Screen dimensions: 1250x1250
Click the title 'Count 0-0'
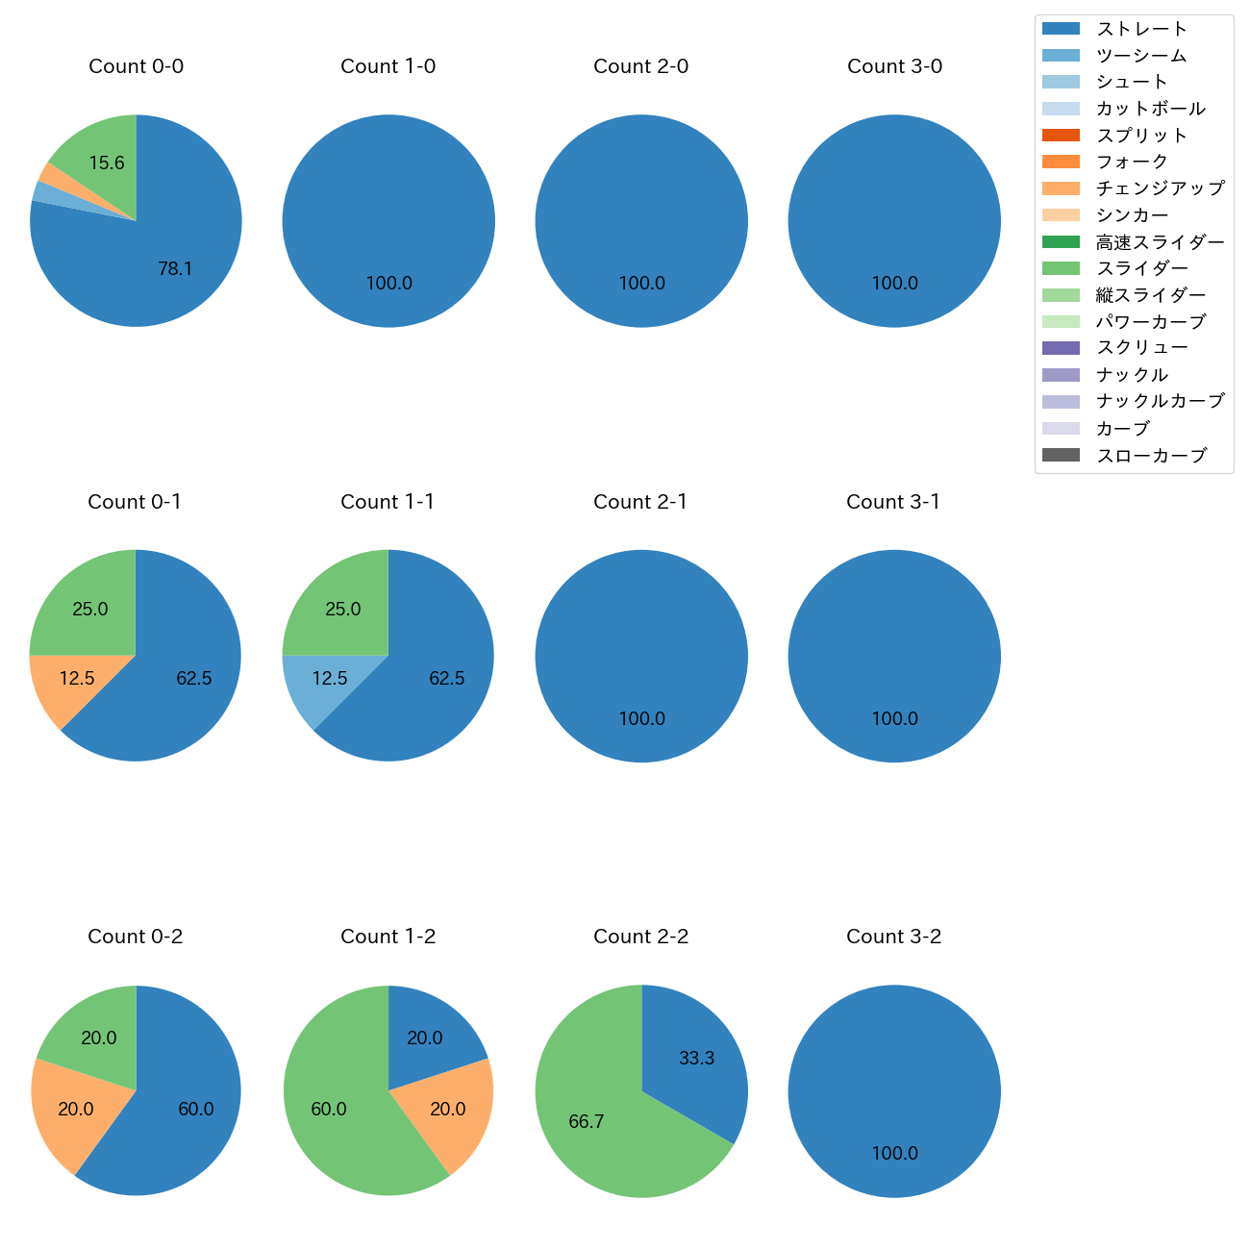136,66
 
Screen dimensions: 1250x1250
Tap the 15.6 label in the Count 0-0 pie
107,163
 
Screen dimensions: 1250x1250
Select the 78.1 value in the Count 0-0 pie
175,269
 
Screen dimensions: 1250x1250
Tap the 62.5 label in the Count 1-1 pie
446,679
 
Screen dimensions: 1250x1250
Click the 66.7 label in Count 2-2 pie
586,1122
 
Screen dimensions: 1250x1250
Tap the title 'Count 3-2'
893,937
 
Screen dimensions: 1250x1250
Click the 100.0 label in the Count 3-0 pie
894,284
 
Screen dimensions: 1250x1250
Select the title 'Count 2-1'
640,502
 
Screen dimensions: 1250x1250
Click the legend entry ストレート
1141,29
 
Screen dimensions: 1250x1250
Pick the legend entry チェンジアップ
1160,188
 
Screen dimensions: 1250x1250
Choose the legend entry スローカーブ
1151,456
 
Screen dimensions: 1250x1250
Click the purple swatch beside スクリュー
1061,348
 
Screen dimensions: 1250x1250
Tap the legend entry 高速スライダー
1160,242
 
